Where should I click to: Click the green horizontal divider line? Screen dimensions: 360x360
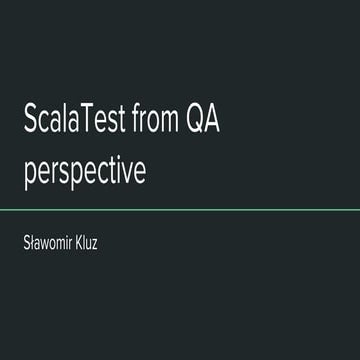[180, 210]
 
